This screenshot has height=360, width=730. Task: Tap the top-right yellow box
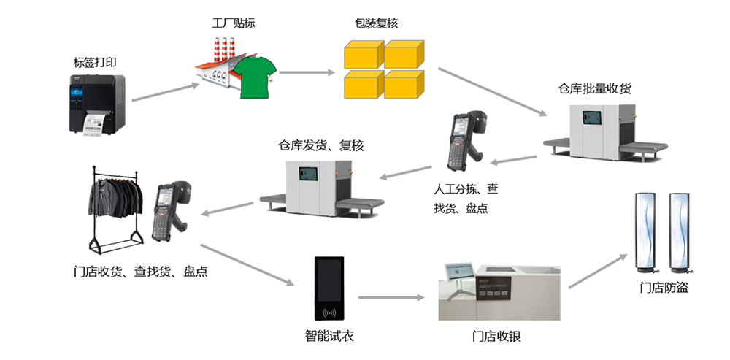(x=404, y=54)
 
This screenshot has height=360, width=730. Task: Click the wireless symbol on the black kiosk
(x=329, y=313)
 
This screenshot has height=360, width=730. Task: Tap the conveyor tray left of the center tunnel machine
(x=275, y=203)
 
